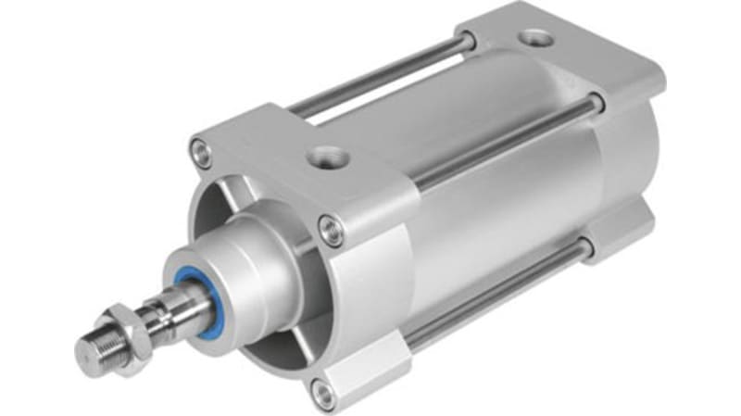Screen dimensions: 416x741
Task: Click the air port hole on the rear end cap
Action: [533, 39]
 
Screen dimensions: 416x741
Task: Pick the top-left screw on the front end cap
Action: [201, 149]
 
